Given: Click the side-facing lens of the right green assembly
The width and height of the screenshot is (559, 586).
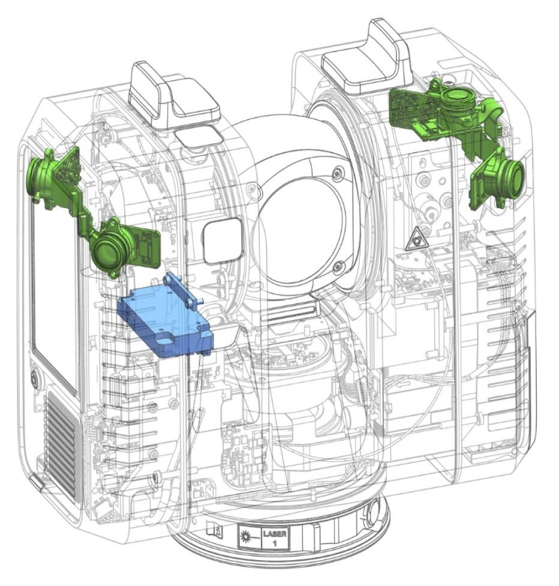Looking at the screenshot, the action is coord(514,178).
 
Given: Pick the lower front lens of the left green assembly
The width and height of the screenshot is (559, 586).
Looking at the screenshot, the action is coord(107,253).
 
